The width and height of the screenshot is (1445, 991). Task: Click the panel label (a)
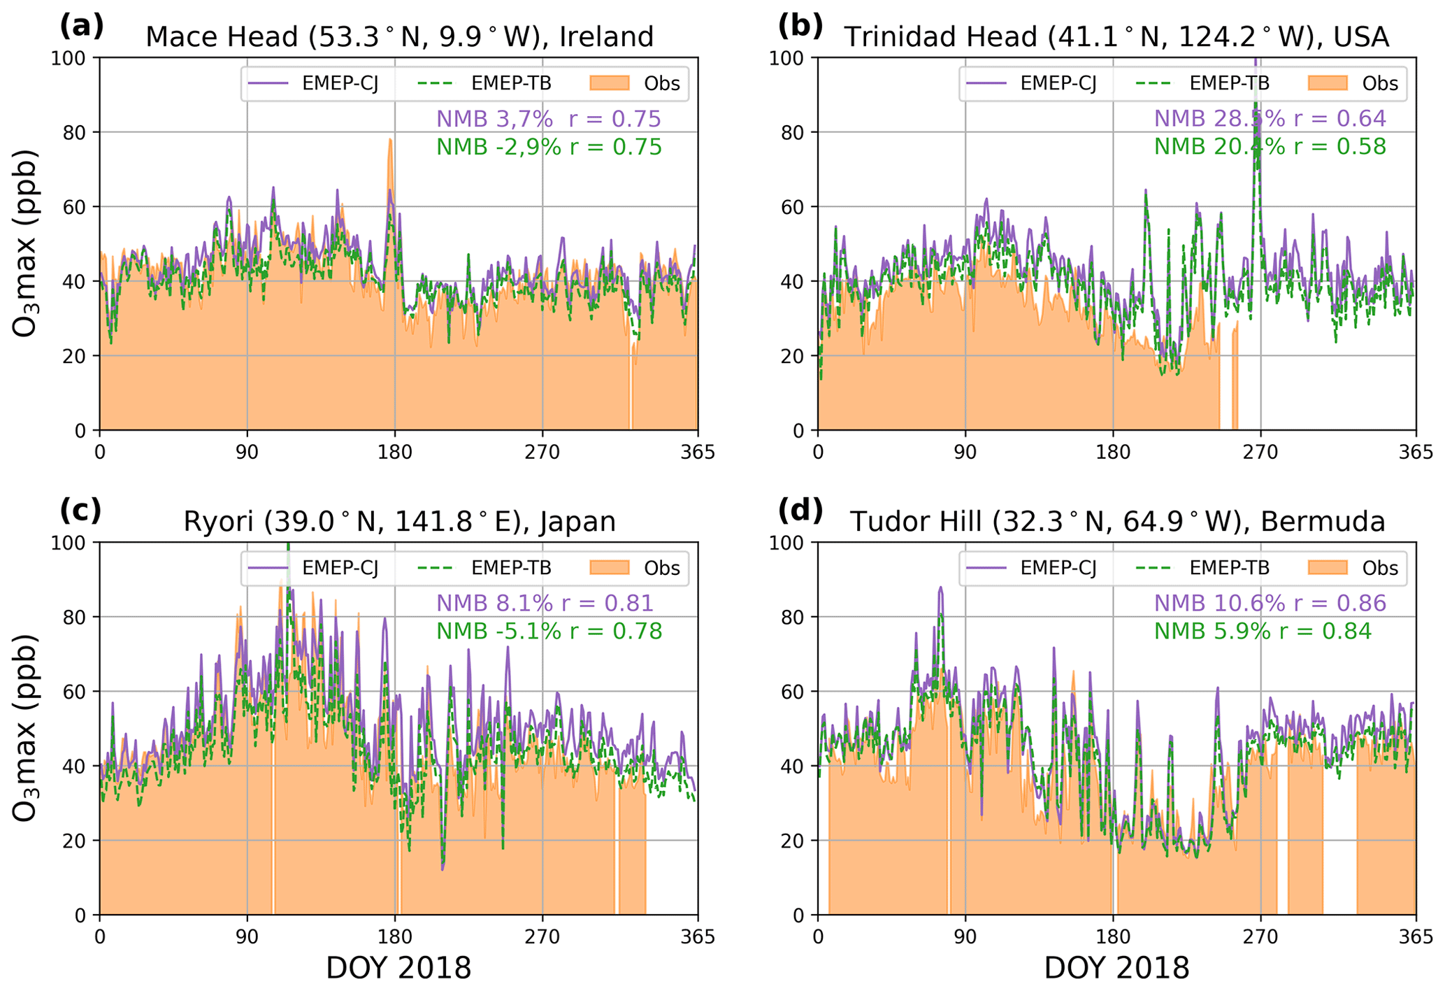(82, 27)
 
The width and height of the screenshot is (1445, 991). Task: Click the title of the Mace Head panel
(399, 36)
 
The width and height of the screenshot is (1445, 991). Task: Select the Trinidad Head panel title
(1116, 36)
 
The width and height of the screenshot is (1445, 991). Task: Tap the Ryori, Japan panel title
(399, 522)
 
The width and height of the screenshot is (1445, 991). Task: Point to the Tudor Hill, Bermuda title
(1117, 522)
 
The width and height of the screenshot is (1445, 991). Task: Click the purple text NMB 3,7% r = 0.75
(548, 119)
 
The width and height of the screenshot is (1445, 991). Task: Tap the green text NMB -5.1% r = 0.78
(549, 632)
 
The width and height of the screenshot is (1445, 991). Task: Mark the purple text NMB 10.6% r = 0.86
(1270, 604)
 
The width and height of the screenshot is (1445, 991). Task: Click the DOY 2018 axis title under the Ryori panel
(398, 969)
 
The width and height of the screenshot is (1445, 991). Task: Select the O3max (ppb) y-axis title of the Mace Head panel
(25, 243)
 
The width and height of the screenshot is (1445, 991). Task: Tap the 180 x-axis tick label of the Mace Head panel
(394, 452)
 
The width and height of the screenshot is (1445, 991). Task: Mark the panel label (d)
(800, 511)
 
